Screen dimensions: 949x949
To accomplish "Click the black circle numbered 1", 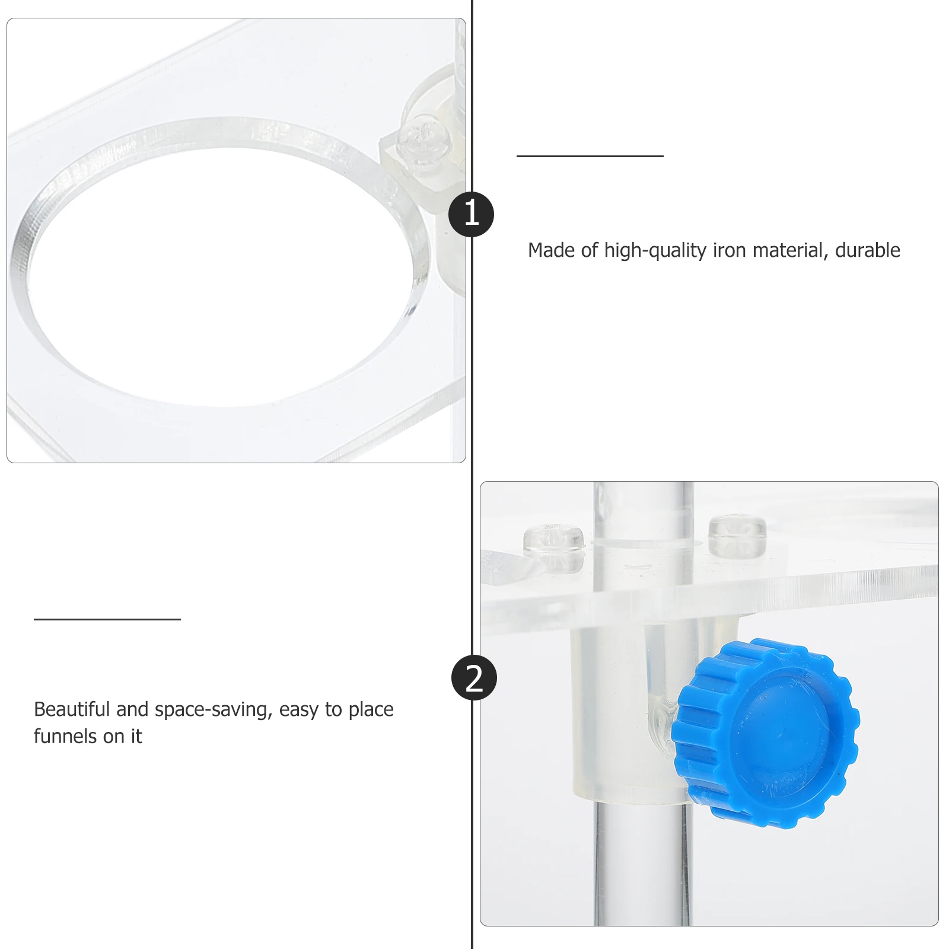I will [x=471, y=214].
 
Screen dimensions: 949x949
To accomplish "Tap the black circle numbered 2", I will [x=474, y=678].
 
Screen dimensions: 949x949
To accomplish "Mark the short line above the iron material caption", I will [x=590, y=156].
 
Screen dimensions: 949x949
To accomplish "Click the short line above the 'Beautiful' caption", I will [x=107, y=619].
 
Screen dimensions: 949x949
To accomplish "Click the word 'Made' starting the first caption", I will [x=552, y=250].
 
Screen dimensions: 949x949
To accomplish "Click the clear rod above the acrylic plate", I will [x=644, y=510].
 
